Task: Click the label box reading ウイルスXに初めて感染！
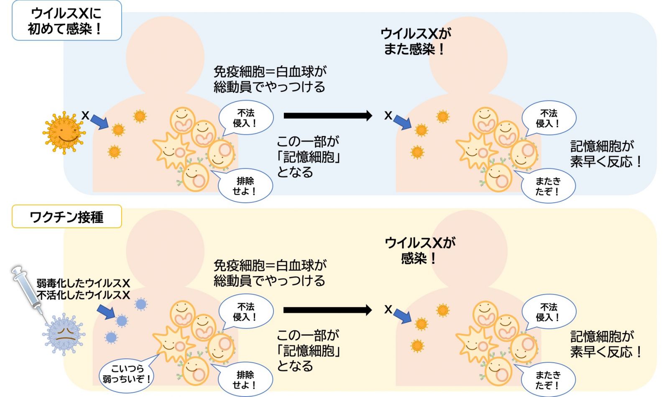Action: (66, 21)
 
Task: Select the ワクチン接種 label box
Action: (66, 217)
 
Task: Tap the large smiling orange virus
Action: (64, 132)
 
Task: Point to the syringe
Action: (27, 291)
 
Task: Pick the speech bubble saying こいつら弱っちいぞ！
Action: (126, 374)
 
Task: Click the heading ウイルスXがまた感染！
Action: (415, 41)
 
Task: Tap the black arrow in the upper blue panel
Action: (327, 116)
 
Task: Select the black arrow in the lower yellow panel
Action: (327, 310)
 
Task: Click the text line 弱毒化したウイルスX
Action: (83, 284)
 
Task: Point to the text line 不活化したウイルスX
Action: (83, 295)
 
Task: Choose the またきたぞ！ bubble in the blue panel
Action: (548, 186)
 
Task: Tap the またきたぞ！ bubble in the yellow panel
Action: (548, 380)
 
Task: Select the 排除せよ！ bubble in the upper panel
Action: (245, 186)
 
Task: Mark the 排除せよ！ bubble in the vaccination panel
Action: (245, 380)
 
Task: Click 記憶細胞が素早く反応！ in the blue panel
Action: (605, 154)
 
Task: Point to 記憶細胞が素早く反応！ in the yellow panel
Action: (605, 344)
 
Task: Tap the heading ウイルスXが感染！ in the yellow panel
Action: (419, 250)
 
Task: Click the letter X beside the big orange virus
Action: (85, 115)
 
